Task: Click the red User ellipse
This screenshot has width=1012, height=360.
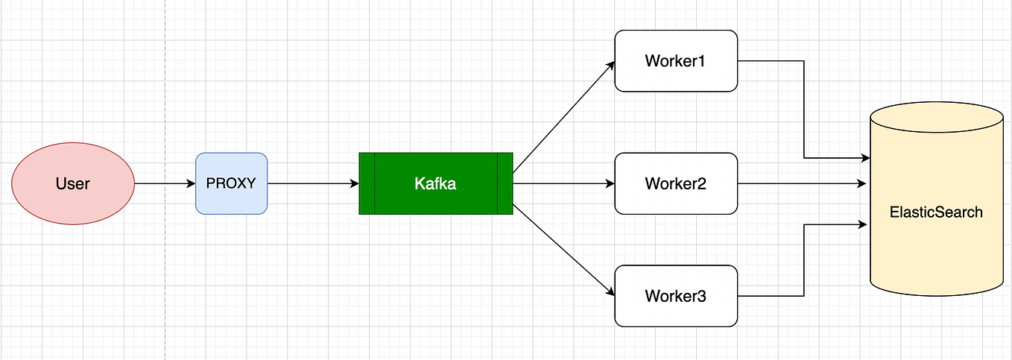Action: coord(73,183)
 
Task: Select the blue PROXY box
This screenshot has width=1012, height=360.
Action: coord(231,183)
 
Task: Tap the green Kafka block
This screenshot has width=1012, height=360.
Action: coord(436,183)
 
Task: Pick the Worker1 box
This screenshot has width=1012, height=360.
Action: coord(675,61)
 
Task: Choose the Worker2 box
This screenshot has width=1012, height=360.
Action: coord(675,183)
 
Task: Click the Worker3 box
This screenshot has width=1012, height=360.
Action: coord(675,296)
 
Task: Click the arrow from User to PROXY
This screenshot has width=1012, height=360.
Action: coord(165,183)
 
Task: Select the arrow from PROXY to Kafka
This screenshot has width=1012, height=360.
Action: coord(313,183)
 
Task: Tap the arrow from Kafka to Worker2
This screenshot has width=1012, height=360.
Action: coord(563,183)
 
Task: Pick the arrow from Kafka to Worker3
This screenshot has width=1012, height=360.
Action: coord(563,250)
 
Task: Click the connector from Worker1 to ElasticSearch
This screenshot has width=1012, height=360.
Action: coord(804,112)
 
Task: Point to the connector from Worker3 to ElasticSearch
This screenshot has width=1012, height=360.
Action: coord(804,261)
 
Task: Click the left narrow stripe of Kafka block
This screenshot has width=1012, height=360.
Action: coord(367,183)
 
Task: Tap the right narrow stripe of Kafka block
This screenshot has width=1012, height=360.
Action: coord(505,183)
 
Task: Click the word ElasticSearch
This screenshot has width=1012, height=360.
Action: coord(936,212)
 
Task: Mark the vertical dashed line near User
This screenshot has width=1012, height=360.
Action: coord(165,89)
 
